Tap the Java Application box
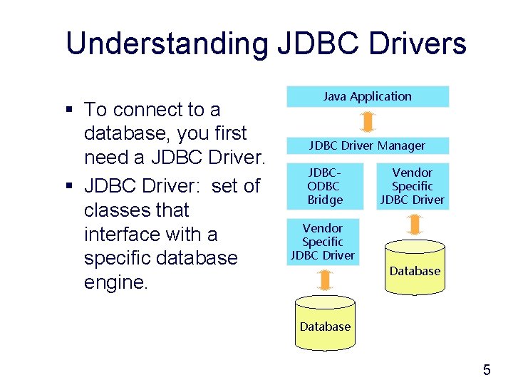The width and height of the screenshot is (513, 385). point(368,96)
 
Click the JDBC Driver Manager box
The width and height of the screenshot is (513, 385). point(368,145)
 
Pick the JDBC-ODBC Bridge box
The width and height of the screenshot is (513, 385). point(325,186)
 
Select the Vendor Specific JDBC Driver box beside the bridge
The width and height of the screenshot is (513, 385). point(413,186)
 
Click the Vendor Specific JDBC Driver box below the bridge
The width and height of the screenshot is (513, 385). point(323,242)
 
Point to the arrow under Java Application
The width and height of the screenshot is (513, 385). point(368,122)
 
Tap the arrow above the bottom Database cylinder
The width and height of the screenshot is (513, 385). point(325,279)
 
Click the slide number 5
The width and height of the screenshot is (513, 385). point(487,369)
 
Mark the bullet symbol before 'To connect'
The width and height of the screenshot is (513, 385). point(69,110)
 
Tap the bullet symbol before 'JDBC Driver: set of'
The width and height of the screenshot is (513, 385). point(69,187)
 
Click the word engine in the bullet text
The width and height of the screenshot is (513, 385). point(115,282)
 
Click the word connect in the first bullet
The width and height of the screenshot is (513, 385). point(147,110)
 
